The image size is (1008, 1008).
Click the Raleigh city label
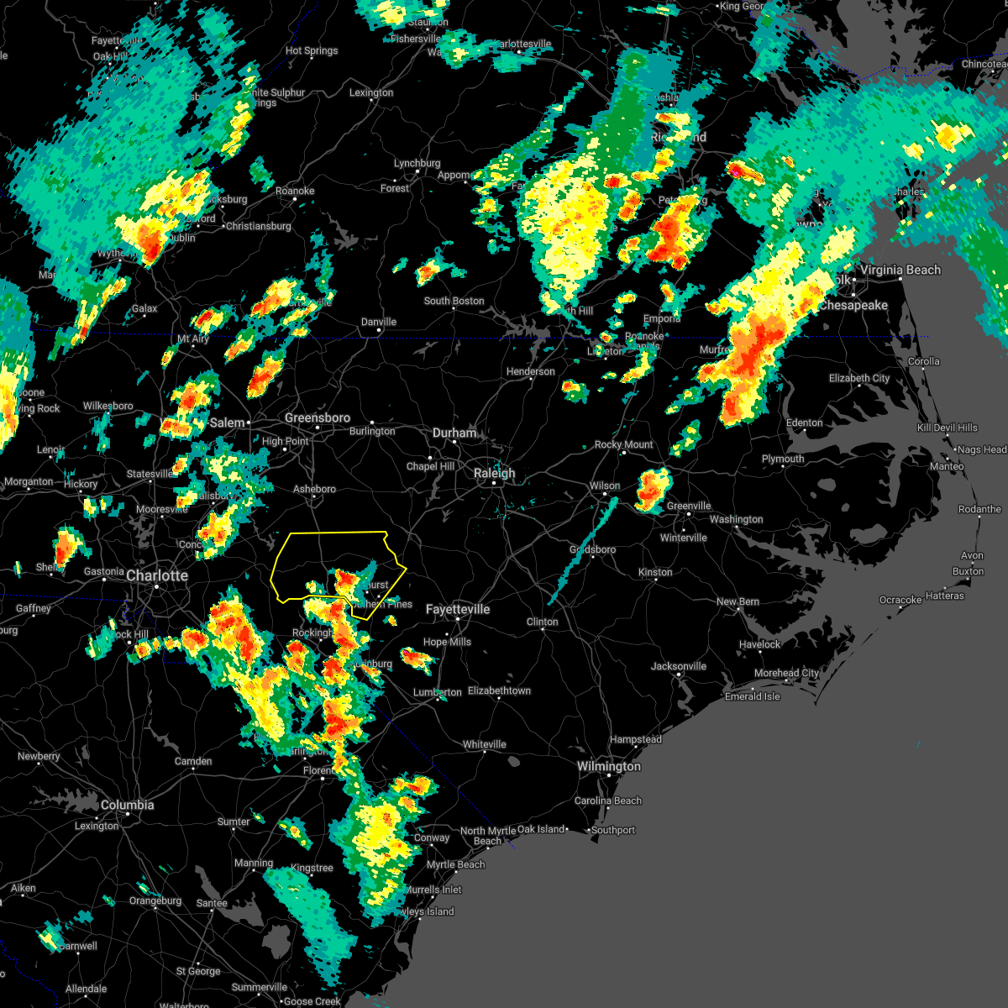coord(494,474)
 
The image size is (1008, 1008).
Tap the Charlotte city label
coord(157,575)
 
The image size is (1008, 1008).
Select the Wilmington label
coord(609,766)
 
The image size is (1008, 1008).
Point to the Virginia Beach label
coord(900,270)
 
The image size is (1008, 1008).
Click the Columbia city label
coord(127,805)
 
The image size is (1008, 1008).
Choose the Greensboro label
coord(318,417)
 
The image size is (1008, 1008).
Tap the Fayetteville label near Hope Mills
coord(458,609)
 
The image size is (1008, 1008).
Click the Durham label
coord(454,433)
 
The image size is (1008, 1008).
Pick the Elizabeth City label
coord(859,378)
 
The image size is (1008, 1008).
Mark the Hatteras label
coord(945,596)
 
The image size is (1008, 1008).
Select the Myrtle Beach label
coord(455,864)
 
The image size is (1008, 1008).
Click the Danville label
coord(379,322)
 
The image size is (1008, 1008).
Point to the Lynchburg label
coord(417,164)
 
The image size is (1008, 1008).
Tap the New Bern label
coord(738,601)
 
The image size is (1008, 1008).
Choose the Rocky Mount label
coord(623,444)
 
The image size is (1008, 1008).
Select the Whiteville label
coord(485,744)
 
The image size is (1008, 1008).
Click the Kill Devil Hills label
coord(948,428)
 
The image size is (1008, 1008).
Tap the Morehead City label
coord(786,673)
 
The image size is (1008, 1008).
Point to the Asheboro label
coord(314,489)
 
